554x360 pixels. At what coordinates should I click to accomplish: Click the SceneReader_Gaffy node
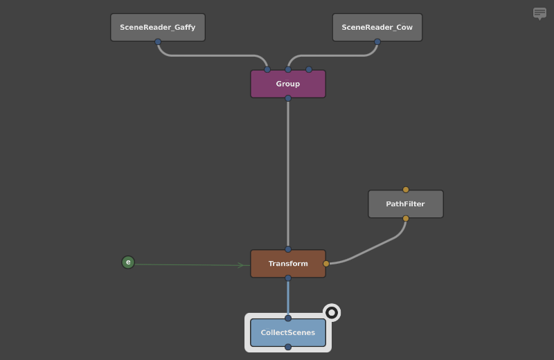[x=158, y=27]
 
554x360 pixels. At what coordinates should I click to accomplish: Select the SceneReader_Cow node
[x=377, y=27]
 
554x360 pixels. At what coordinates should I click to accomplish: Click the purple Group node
[x=288, y=84]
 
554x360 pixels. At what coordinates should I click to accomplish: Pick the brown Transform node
[x=288, y=264]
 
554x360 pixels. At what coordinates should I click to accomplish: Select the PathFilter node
[x=405, y=204]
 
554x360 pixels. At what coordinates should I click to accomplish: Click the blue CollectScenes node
[x=288, y=333]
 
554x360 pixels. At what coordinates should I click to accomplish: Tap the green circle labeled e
[x=128, y=262]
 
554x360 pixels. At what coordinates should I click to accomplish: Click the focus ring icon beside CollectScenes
[x=332, y=313]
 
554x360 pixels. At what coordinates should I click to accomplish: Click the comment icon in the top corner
[x=539, y=13]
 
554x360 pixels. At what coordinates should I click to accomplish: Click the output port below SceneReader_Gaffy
[x=158, y=42]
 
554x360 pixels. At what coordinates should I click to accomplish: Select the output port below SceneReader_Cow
[x=377, y=42]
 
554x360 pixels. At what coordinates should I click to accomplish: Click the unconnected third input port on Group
[x=309, y=70]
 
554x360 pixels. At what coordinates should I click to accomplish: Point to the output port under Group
[x=288, y=98]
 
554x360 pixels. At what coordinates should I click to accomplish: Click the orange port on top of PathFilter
[x=406, y=190]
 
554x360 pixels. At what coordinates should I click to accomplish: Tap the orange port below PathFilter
[x=406, y=219]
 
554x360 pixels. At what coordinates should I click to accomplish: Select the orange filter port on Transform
[x=326, y=264]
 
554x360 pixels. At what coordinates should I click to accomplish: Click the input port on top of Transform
[x=288, y=249]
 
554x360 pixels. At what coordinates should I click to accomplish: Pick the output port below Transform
[x=288, y=278]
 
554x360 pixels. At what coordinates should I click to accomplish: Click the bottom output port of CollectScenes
[x=288, y=347]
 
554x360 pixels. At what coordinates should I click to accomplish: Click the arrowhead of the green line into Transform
[x=242, y=265]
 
